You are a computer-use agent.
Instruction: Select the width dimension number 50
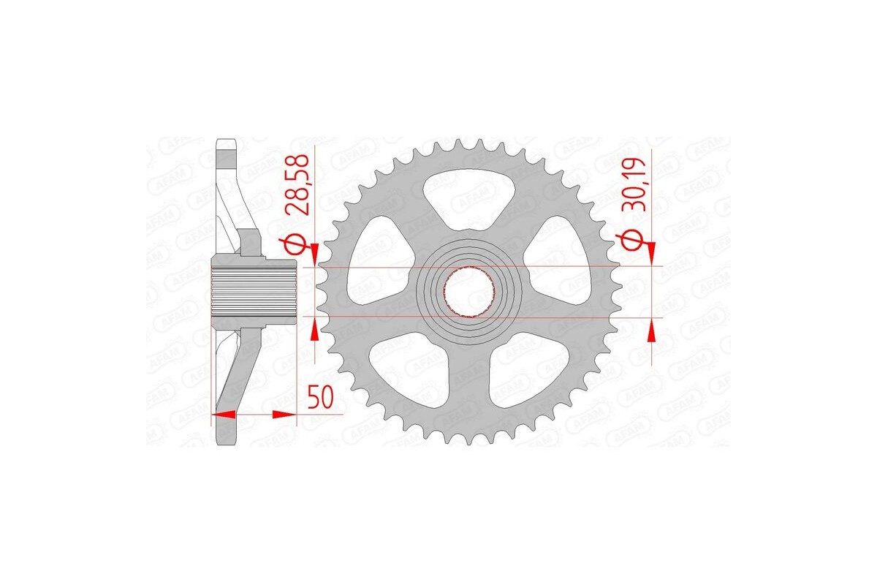click(x=321, y=399)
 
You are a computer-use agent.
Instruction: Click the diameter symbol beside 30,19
click(x=632, y=241)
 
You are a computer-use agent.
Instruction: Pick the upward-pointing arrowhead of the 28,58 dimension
click(x=315, y=330)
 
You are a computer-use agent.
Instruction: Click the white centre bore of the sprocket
click(x=468, y=292)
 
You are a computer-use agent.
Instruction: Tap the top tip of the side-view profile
click(x=227, y=140)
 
